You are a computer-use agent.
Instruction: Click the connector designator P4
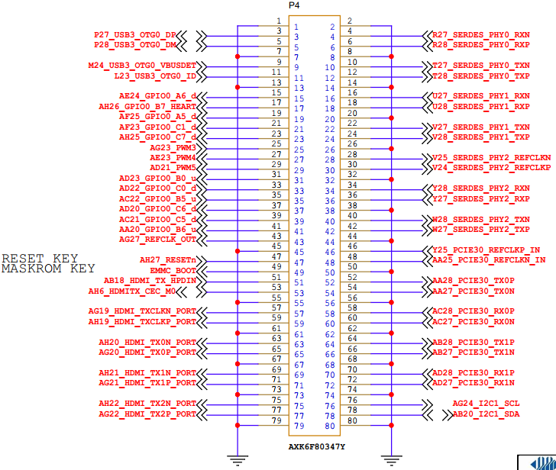295,6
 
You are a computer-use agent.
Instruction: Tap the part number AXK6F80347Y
316,446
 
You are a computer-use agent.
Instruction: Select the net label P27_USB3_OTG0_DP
135,35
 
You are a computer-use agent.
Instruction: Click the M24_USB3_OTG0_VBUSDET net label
143,66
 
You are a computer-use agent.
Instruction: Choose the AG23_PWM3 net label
173,147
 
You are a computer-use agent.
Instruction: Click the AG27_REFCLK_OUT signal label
158,239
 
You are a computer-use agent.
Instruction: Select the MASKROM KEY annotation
49,269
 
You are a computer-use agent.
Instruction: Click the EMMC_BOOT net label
173,270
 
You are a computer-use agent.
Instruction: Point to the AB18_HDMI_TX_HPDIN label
150,281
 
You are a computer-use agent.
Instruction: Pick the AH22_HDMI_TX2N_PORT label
147,403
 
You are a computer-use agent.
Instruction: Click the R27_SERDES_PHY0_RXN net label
481,35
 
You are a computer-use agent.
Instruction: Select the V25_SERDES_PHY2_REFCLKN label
492,157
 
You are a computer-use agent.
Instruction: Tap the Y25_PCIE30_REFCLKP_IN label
486,249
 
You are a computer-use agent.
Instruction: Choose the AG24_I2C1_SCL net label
486,403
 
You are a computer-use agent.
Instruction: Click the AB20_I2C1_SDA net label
486,414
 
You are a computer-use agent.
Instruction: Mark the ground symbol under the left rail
238,459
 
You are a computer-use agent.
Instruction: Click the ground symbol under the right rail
392,459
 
